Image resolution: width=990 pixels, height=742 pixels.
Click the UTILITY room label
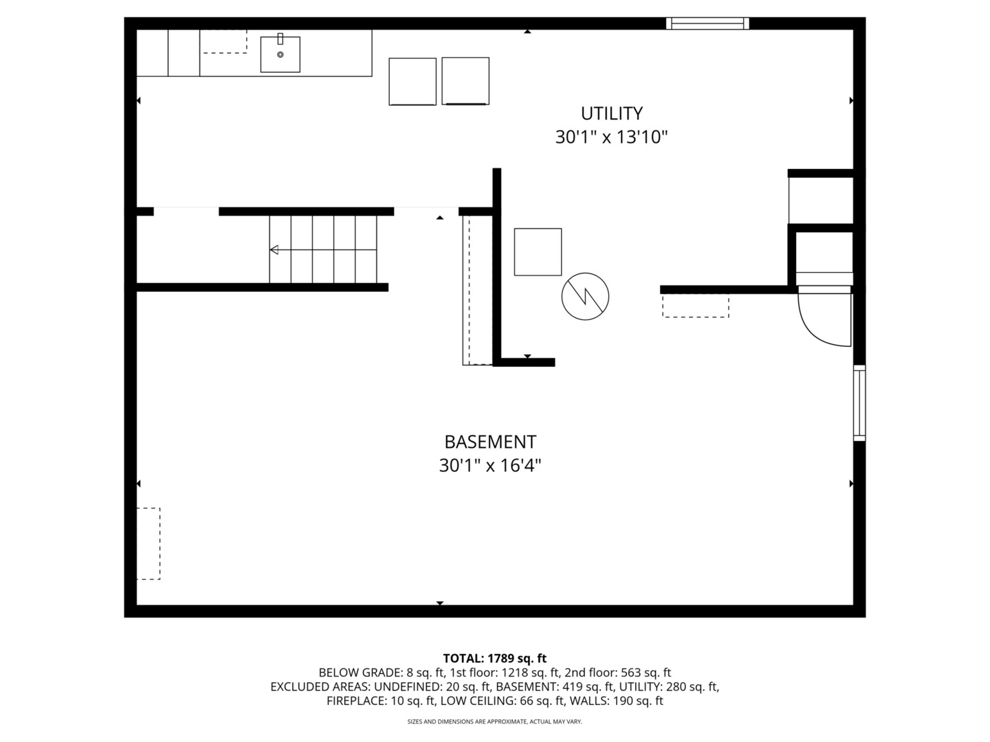click(x=611, y=113)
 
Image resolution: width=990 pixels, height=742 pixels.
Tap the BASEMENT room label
click(x=490, y=442)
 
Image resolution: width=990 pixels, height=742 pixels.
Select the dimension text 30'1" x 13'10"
click(x=611, y=137)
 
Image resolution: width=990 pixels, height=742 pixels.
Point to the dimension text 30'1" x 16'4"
click(x=490, y=466)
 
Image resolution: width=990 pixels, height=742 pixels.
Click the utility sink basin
click(x=280, y=54)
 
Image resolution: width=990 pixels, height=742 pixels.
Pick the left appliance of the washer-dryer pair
click(x=412, y=81)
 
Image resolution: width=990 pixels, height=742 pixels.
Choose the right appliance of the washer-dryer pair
click(x=465, y=81)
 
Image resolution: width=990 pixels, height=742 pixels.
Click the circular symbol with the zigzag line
click(x=585, y=296)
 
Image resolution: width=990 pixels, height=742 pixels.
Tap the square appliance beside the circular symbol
click(x=538, y=252)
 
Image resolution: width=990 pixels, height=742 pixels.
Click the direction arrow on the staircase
click(x=274, y=250)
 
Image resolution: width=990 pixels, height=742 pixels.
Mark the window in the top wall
click(x=707, y=23)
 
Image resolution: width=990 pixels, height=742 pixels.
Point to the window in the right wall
click(x=859, y=403)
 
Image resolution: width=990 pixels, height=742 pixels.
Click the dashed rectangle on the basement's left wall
click(x=148, y=543)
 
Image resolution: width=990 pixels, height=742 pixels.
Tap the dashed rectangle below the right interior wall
click(x=695, y=306)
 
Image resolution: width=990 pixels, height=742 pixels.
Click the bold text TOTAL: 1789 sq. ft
click(x=494, y=659)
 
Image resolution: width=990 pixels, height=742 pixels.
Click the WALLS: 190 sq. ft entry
click(x=621, y=701)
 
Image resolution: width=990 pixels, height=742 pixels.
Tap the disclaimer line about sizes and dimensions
click(x=494, y=721)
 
